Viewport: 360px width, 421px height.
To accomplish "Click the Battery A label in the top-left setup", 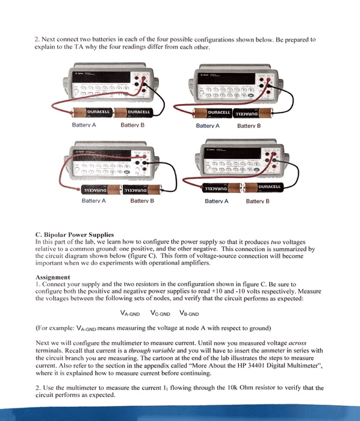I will [x=84, y=126].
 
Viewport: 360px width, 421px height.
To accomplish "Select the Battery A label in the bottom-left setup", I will [x=93, y=201].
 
